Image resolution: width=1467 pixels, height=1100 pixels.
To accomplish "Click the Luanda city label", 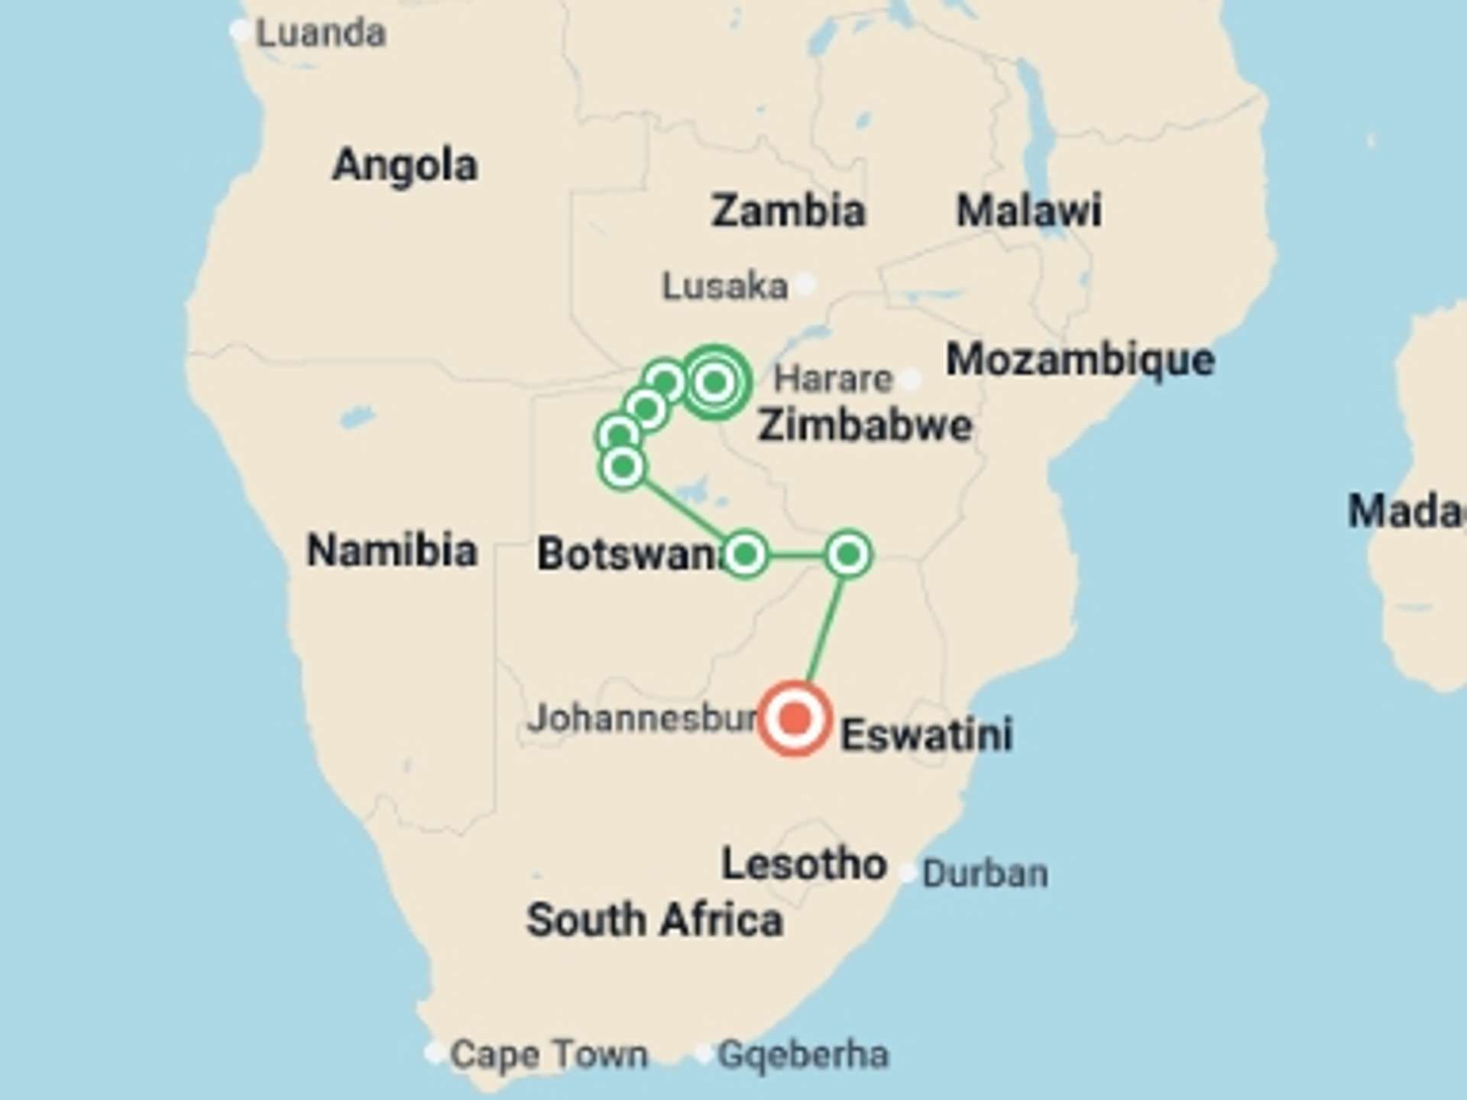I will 320,34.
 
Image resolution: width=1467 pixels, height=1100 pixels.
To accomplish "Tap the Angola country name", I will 405,165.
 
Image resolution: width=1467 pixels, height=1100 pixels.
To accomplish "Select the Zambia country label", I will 788,211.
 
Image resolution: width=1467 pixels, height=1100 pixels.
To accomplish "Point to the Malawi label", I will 1028,211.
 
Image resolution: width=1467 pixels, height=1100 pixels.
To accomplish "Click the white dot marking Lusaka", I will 805,284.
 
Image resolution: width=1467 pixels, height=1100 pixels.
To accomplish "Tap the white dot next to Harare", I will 911,379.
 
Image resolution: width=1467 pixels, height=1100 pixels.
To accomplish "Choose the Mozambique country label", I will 1080,359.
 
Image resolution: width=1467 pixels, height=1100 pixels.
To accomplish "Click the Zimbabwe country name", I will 864,425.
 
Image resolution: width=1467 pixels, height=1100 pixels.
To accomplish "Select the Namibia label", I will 392,550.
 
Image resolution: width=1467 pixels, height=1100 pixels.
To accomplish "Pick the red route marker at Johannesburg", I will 795,719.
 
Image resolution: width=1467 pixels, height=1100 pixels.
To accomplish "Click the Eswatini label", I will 926,735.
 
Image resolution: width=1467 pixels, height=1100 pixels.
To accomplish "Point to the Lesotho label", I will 804,864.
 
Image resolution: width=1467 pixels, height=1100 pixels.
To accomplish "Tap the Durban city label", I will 984,873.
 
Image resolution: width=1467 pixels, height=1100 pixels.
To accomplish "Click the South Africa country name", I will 655,920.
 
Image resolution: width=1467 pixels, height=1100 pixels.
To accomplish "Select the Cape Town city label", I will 549,1054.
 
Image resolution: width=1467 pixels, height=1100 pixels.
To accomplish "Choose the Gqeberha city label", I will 803,1055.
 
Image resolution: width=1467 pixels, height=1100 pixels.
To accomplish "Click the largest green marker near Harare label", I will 715,382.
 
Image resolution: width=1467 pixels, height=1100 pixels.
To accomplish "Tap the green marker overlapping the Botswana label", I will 745,555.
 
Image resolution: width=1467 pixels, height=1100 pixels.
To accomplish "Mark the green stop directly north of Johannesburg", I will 848,555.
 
